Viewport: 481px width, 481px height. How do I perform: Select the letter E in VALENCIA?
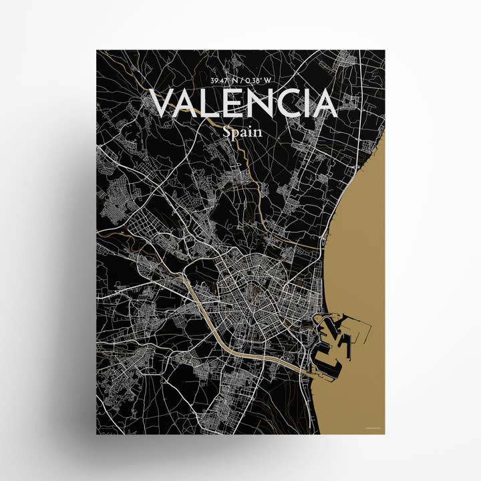234,104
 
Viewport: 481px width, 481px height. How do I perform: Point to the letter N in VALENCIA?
263,104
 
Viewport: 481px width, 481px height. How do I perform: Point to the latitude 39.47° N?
224,81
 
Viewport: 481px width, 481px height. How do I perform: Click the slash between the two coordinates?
242,81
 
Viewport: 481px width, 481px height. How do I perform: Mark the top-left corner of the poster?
97,51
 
